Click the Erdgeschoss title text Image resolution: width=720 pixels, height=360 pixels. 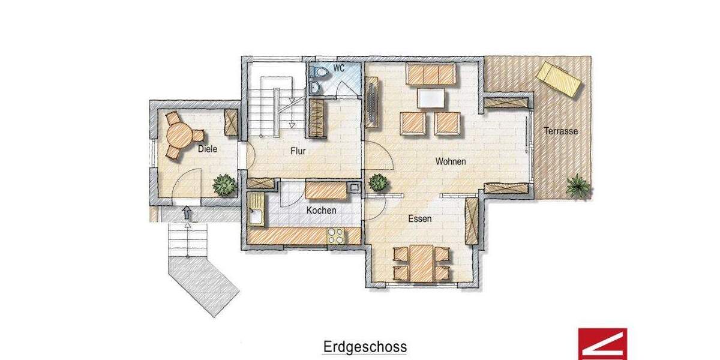coord(365,347)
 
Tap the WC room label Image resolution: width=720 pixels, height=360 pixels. coord(339,68)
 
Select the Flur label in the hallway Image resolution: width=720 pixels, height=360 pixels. coord(298,152)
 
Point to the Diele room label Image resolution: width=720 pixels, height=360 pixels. coord(207,149)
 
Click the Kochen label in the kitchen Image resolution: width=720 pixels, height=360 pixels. coord(321,211)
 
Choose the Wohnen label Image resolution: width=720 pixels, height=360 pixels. coord(451,161)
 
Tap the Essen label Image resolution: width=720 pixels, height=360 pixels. coord(419,219)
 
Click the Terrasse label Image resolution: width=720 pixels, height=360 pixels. coord(561,131)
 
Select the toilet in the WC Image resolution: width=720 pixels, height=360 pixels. coord(320,73)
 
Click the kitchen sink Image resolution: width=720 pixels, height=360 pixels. coord(256,209)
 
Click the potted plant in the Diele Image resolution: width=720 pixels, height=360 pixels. coord(224,184)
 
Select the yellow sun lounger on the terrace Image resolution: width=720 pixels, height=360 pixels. coord(559,79)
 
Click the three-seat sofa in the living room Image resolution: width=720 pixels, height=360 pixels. coord(431,74)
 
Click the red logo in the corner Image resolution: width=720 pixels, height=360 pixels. coord(602,344)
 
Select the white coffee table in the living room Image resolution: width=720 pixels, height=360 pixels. coord(431,98)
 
